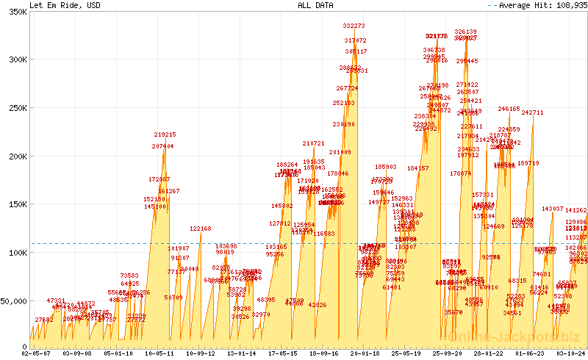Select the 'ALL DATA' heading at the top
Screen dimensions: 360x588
pyautogui.click(x=315, y=5)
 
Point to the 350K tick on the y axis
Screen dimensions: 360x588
pyautogui.click(x=15, y=13)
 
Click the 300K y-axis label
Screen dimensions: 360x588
pyautogui.click(x=15, y=61)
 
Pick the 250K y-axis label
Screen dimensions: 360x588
pyautogui.click(x=15, y=109)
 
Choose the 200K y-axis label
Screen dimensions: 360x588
pyautogui.click(x=15, y=156)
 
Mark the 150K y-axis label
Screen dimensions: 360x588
pyautogui.click(x=15, y=204)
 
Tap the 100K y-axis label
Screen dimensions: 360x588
pyautogui.click(x=15, y=253)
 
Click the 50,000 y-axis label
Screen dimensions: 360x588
pyautogui.click(x=13, y=300)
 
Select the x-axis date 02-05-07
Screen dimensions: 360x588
pyautogui.click(x=36, y=353)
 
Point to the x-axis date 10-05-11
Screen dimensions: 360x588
pyautogui.click(x=159, y=353)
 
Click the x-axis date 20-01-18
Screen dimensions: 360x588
pyautogui.click(x=365, y=353)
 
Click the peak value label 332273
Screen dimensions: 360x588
pyautogui.click(x=354, y=26)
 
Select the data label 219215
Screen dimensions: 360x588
pyautogui.click(x=165, y=134)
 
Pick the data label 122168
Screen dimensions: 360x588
pyautogui.click(x=200, y=228)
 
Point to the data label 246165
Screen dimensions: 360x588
pyautogui.click(x=509, y=109)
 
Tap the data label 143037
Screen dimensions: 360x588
pyautogui.click(x=552, y=209)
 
